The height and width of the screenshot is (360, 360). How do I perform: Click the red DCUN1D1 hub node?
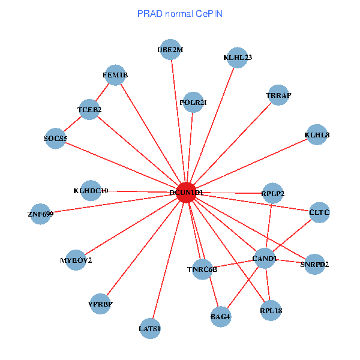point(187,192)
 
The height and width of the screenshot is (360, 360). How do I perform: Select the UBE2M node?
point(170,50)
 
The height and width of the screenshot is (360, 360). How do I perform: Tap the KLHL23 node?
point(238,58)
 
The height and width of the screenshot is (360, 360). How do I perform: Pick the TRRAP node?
point(278,95)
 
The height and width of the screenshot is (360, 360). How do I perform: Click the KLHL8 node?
point(317,135)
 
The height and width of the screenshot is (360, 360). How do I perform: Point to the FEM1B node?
point(115,75)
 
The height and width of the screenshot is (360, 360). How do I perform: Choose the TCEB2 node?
point(89,110)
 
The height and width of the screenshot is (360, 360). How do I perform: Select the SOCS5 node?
point(56,139)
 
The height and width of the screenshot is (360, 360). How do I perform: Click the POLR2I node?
point(193,103)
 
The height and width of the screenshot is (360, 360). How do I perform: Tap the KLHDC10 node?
point(91,191)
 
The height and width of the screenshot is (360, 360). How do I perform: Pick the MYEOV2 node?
point(76,260)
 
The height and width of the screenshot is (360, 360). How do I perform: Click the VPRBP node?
point(100,304)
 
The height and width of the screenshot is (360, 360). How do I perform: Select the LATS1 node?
point(150,328)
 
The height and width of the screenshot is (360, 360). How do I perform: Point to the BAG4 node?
point(221,316)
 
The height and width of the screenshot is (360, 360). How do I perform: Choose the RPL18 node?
point(271,311)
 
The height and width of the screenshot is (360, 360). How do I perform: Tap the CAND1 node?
point(265,259)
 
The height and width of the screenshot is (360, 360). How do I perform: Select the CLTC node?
point(319,212)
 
